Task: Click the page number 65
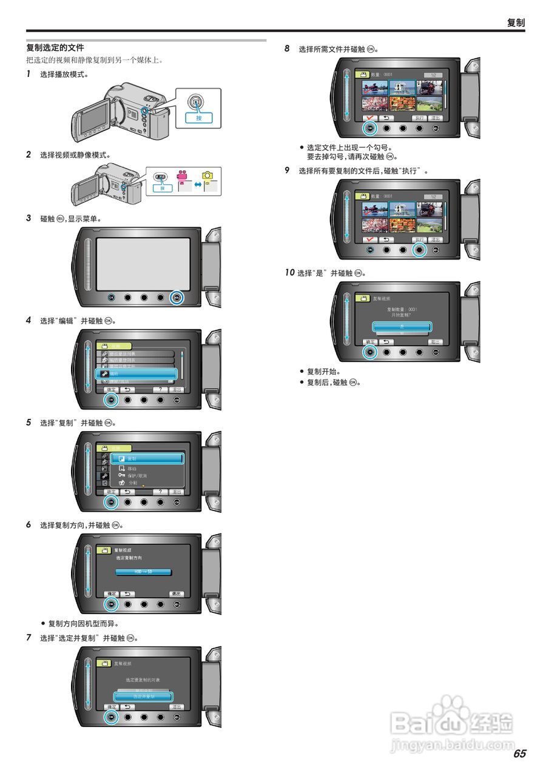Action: click(519, 754)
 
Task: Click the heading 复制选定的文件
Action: click(55, 47)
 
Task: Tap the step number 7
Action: click(29, 638)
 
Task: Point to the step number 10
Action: click(289, 273)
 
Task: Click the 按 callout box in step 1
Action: click(198, 118)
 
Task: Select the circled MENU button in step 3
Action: click(177, 298)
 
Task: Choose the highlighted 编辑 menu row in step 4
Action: click(136, 374)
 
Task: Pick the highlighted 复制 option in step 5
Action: click(147, 459)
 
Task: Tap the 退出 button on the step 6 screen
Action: click(177, 594)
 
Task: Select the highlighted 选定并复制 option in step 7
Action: click(144, 697)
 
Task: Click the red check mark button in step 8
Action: click(369, 119)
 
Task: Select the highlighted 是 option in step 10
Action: click(402, 326)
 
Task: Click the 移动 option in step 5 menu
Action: click(132, 468)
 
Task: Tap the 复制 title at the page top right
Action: click(516, 22)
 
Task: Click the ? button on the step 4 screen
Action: click(160, 390)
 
